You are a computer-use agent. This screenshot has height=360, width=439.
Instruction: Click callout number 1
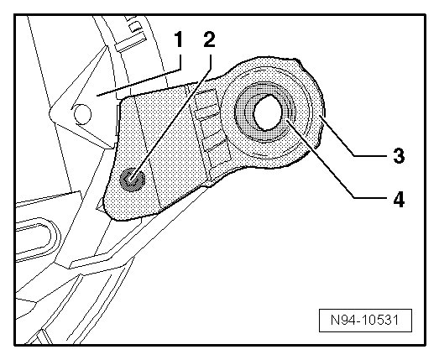point(178,39)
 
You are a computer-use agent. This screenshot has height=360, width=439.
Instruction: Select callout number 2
point(209,39)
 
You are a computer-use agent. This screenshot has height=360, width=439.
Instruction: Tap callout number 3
point(399,155)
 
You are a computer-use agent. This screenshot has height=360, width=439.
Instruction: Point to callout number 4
point(399,199)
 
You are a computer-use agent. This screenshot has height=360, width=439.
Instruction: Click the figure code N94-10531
point(365,320)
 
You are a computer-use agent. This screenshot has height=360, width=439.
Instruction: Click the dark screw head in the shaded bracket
point(132,180)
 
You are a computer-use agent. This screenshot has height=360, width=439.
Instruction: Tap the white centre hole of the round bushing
point(268,112)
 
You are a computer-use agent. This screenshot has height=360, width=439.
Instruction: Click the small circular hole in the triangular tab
point(82,114)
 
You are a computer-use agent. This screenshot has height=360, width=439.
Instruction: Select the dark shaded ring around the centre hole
point(264,112)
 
